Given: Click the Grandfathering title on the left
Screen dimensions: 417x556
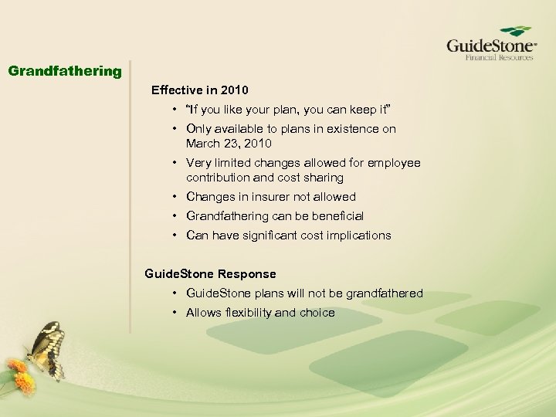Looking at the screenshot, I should (65, 72).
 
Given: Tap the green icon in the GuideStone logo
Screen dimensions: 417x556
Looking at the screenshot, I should (515, 32).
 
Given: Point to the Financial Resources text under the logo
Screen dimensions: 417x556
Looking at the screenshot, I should (499, 57).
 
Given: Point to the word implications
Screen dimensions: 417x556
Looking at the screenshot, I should (360, 236).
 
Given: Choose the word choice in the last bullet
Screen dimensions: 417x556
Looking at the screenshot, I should (317, 313).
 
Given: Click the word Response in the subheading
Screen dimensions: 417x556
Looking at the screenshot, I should (246, 274).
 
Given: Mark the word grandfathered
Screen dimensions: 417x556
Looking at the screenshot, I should (384, 293).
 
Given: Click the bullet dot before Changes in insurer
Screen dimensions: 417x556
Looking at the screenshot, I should (177, 197).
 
